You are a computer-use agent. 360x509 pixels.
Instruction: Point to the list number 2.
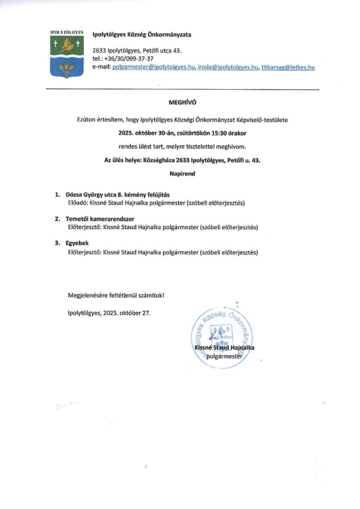coord(57,219)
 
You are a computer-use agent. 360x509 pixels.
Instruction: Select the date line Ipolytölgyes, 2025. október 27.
coord(108,313)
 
